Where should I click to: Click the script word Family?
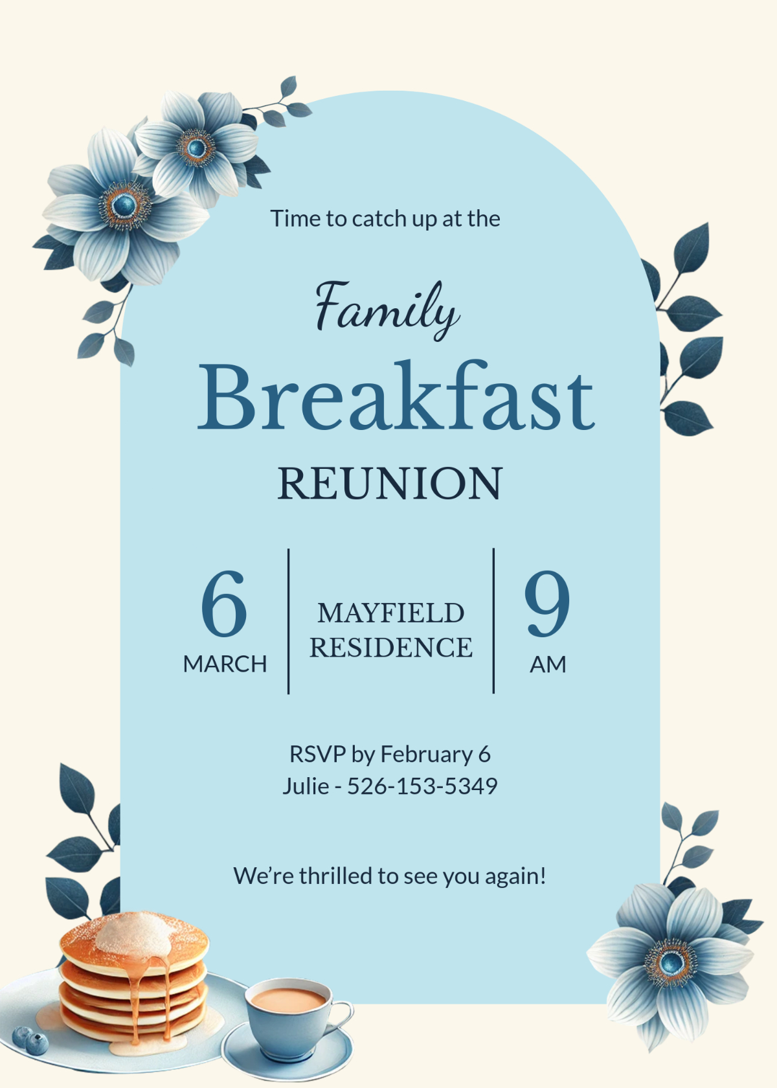387,308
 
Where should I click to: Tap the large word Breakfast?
395,396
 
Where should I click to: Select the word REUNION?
390,483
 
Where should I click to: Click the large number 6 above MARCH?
224,604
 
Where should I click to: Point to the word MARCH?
225,664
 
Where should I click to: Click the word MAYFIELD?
390,613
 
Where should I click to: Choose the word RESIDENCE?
390,647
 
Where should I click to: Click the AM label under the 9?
548,664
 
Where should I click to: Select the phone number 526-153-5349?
422,786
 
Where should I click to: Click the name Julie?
305,786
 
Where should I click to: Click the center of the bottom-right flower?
672,962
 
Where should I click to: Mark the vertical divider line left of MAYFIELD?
288,621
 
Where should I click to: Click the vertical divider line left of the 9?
493,621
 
